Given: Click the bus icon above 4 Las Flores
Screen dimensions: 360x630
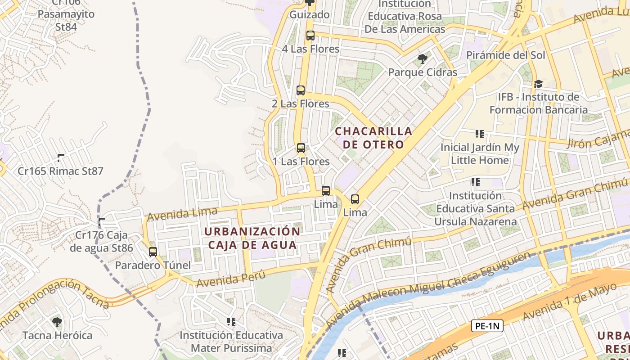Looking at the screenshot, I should click(x=310, y=36).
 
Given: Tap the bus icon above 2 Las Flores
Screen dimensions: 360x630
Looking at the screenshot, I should click(x=301, y=90).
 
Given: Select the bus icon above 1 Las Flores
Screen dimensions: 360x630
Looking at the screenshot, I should click(x=301, y=148).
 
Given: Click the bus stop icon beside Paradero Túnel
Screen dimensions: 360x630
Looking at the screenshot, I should click(x=153, y=252).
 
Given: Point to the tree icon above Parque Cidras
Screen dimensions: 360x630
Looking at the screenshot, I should click(x=422, y=58).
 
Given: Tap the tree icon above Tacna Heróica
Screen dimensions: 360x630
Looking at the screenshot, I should click(x=57, y=322).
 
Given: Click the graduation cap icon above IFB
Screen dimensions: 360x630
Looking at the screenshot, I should click(x=538, y=84).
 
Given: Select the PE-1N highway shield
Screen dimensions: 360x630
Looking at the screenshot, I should click(x=487, y=326).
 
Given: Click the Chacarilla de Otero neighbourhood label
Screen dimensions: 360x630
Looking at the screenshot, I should click(x=373, y=138).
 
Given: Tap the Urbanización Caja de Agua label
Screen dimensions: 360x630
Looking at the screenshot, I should click(x=252, y=238).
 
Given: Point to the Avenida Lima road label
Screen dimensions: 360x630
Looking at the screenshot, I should click(x=182, y=214).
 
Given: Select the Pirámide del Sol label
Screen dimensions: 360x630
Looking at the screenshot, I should click(x=505, y=55).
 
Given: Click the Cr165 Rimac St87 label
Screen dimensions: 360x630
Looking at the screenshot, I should click(x=60, y=171).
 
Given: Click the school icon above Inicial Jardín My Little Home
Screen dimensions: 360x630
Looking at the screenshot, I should click(x=480, y=134).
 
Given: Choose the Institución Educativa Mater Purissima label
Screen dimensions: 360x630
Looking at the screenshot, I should click(x=231, y=342).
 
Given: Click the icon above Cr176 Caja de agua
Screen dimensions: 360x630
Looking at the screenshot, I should click(x=102, y=222).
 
